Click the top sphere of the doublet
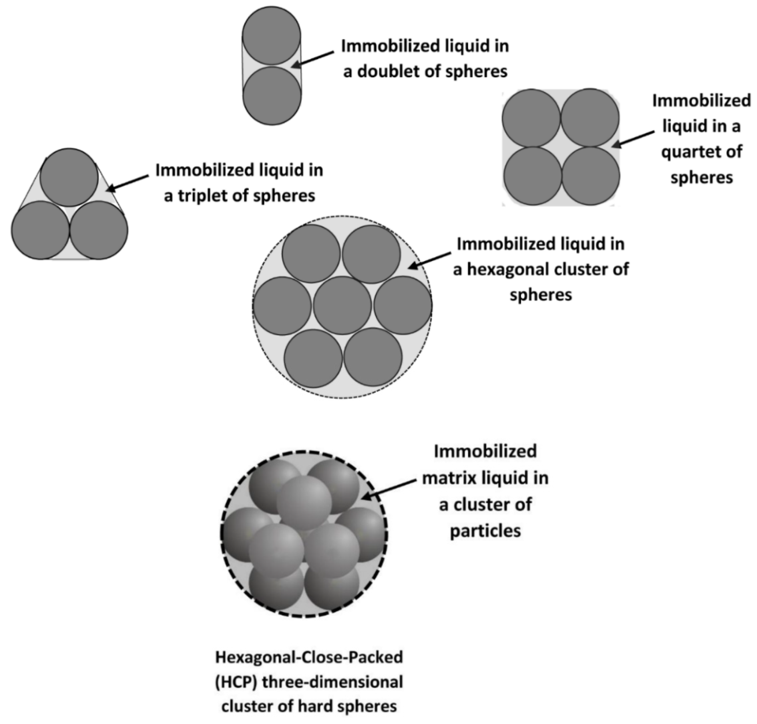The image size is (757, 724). [271, 35]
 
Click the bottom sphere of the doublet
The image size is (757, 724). [272, 96]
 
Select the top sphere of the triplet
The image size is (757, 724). [69, 177]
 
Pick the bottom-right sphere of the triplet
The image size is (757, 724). [99, 230]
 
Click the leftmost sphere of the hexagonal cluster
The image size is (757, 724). [282, 306]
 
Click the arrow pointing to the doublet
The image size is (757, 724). [312, 60]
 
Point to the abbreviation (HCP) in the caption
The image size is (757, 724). [236, 682]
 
